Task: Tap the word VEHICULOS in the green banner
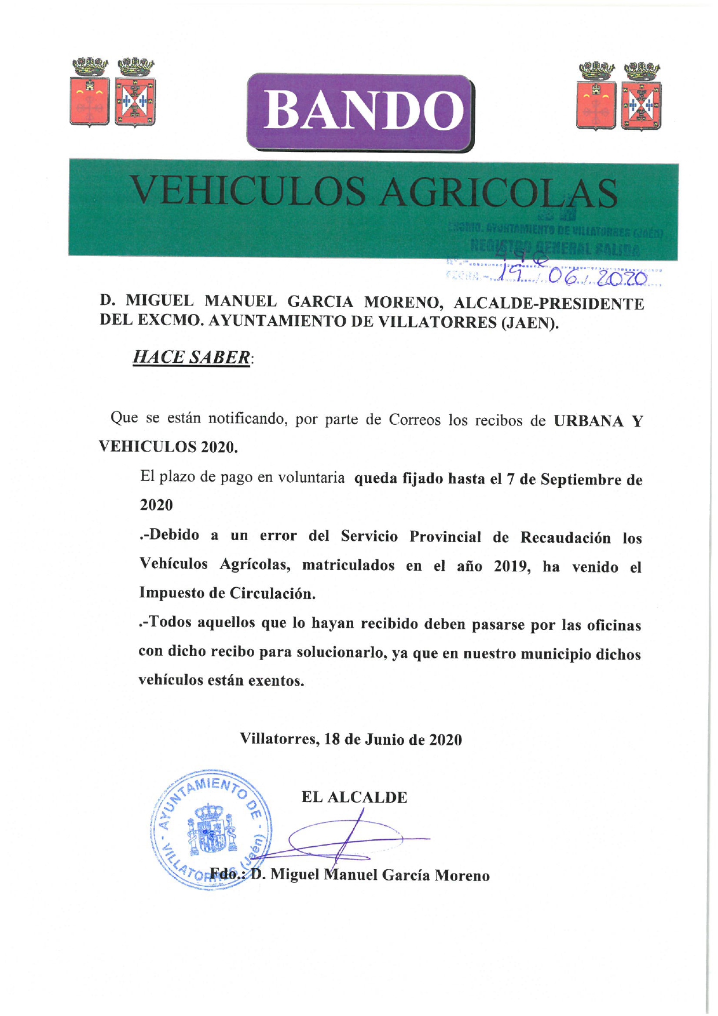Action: tap(248, 191)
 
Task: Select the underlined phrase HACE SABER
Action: tap(192, 357)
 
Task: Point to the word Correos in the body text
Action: tap(415, 420)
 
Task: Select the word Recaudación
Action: tap(565, 538)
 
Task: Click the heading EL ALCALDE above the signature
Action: tap(354, 797)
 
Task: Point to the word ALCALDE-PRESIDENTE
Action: tap(549, 303)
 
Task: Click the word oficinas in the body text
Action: tap(614, 626)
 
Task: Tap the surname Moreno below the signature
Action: tap(462, 876)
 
